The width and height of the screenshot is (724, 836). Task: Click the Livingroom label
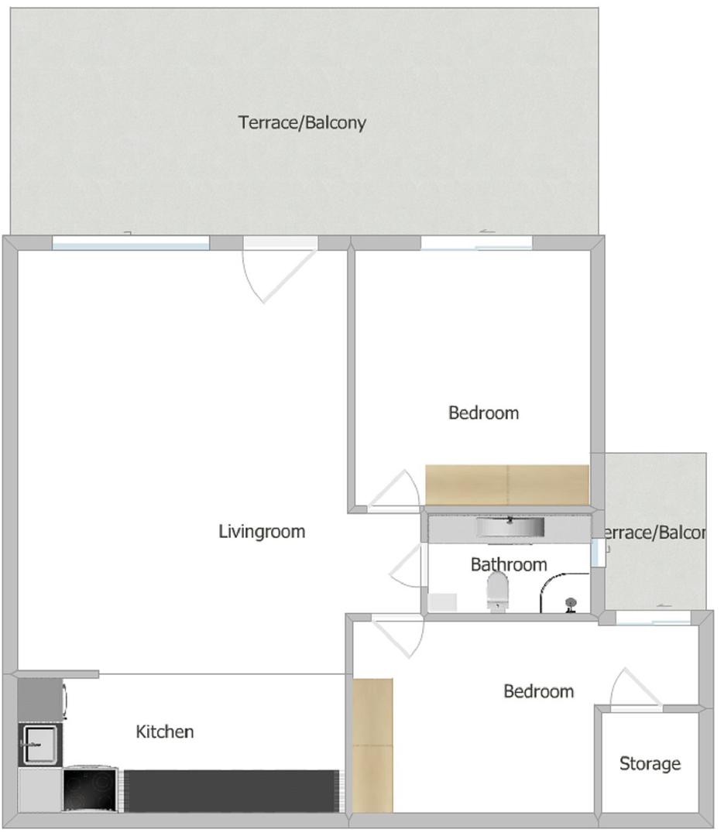tap(262, 532)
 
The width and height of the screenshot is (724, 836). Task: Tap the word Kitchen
tap(165, 731)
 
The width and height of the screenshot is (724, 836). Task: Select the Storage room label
tap(650, 764)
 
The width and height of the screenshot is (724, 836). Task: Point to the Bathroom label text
tap(509, 564)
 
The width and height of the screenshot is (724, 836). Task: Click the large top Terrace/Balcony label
tap(302, 122)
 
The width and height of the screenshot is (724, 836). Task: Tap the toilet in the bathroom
tap(497, 592)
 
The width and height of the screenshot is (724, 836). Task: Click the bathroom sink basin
tap(510, 528)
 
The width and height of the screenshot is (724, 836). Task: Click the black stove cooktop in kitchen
tap(91, 790)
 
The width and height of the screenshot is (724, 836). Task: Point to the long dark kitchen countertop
tap(230, 790)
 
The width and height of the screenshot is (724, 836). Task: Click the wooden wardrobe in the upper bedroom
tap(507, 484)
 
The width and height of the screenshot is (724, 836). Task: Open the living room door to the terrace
tap(279, 267)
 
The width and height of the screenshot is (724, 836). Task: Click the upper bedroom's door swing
tap(393, 492)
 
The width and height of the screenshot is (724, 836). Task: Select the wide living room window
tap(131, 243)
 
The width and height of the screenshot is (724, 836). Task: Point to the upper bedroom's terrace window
tap(476, 243)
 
